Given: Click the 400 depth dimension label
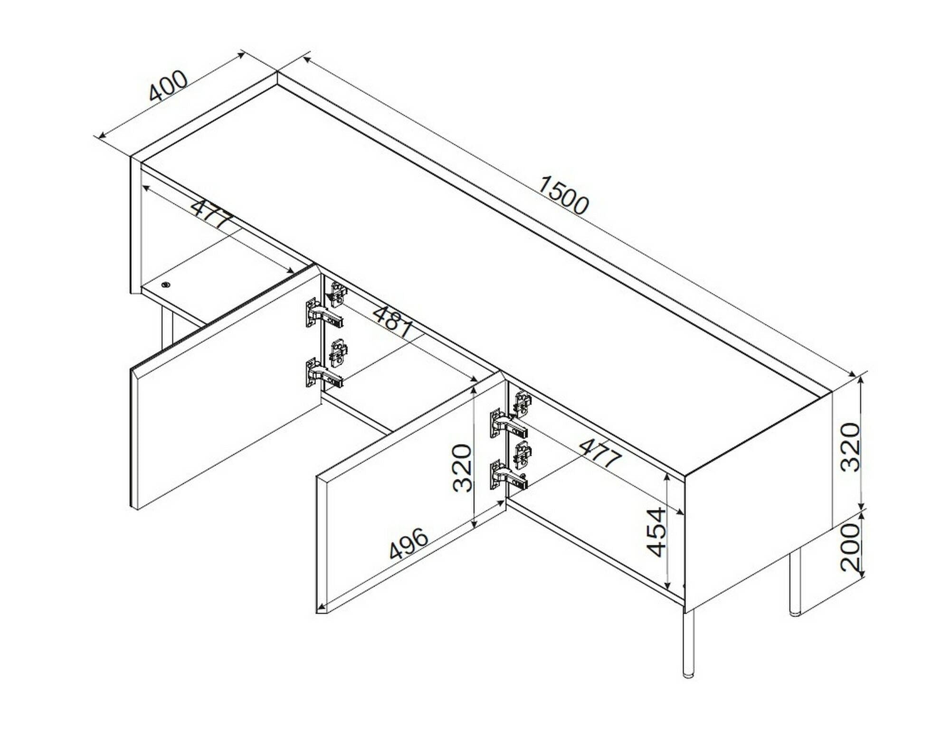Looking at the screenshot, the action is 168,86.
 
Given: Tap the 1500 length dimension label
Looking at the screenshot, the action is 563,195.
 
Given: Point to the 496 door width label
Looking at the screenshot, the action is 409,543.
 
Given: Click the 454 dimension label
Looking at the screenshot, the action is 657,532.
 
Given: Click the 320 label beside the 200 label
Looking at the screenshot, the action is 851,447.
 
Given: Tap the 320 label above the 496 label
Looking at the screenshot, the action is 462,468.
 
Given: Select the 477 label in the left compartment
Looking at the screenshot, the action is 212,214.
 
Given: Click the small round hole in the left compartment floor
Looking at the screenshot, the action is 165,284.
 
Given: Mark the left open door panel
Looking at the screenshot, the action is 225,387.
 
